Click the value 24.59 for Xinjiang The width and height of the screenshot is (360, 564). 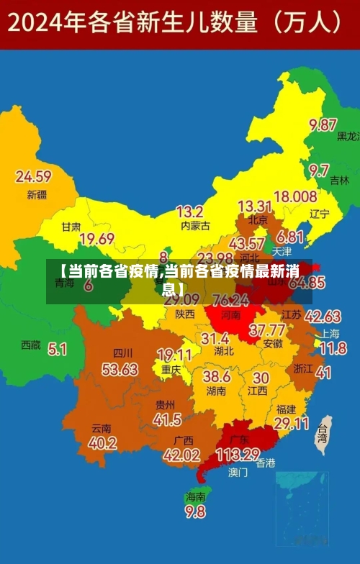[x=33, y=176]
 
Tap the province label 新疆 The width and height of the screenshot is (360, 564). [x=37, y=194]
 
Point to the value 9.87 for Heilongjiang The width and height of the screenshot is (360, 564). [x=323, y=124]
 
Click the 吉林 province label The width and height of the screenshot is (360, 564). [x=339, y=181]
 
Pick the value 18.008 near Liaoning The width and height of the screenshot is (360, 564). [x=295, y=196]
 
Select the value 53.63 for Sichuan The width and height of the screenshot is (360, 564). [x=120, y=369]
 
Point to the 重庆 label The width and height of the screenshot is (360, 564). [x=171, y=369]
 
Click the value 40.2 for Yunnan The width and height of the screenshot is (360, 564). [x=102, y=443]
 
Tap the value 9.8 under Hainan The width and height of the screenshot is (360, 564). [x=195, y=511]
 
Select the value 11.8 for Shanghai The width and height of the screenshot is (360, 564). [x=333, y=349]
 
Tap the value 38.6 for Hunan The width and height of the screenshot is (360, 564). [x=216, y=376]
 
